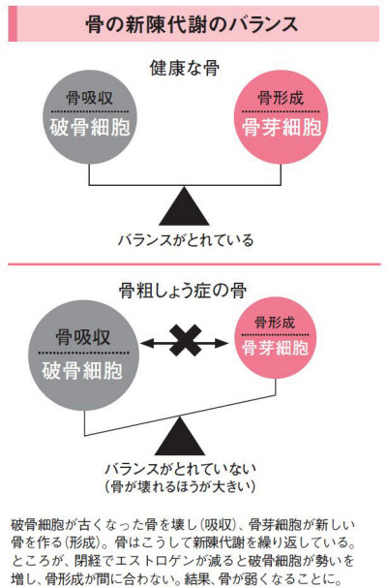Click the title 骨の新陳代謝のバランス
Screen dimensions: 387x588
[192, 25]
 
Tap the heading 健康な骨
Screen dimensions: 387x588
[185, 68]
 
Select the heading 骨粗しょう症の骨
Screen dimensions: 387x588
[183, 291]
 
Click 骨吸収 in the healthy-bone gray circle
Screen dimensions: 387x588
[90, 98]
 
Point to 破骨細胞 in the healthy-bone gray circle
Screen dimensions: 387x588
[90, 127]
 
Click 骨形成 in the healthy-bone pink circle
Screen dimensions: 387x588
[281, 98]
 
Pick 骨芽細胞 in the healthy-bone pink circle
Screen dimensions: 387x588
[282, 127]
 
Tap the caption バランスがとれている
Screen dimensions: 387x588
[186, 240]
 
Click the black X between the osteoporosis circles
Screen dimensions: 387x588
[185, 341]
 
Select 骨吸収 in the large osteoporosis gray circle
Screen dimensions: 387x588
[83, 337]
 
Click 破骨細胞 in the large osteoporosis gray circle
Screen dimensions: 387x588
[82, 370]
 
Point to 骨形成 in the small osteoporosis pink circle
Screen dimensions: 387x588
[275, 323]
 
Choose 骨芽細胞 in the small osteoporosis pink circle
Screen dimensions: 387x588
[276, 348]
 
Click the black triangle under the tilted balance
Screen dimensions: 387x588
[180, 438]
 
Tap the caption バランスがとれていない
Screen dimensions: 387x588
[181, 469]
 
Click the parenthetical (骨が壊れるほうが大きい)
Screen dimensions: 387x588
[181, 486]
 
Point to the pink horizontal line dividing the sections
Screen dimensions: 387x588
[194, 264]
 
